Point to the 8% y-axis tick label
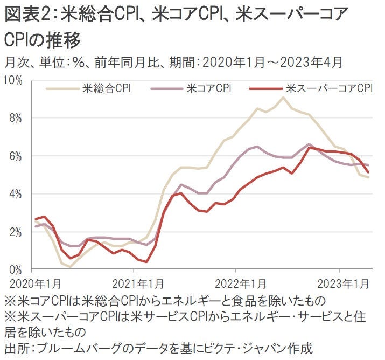pos(15,118)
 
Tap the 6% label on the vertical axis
pos(15,156)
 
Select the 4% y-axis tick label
pos(15,194)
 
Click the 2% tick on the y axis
pos(15,232)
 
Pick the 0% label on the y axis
pos(15,269)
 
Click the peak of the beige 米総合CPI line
pos(283,98)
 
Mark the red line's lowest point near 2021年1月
pos(146,262)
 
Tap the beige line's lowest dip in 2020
pos(70,266)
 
